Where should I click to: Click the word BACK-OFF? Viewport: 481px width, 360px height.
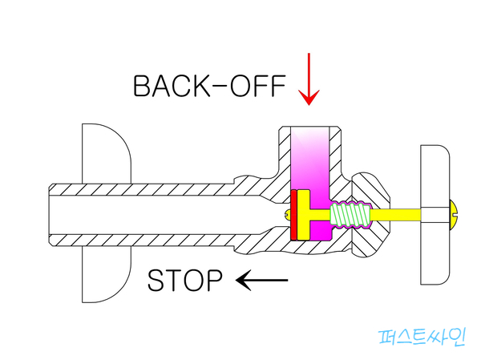[209, 86]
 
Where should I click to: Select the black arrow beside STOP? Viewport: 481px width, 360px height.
[261, 280]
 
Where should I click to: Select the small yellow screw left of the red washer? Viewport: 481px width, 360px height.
[287, 214]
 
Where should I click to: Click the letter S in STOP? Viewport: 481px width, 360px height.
[157, 281]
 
